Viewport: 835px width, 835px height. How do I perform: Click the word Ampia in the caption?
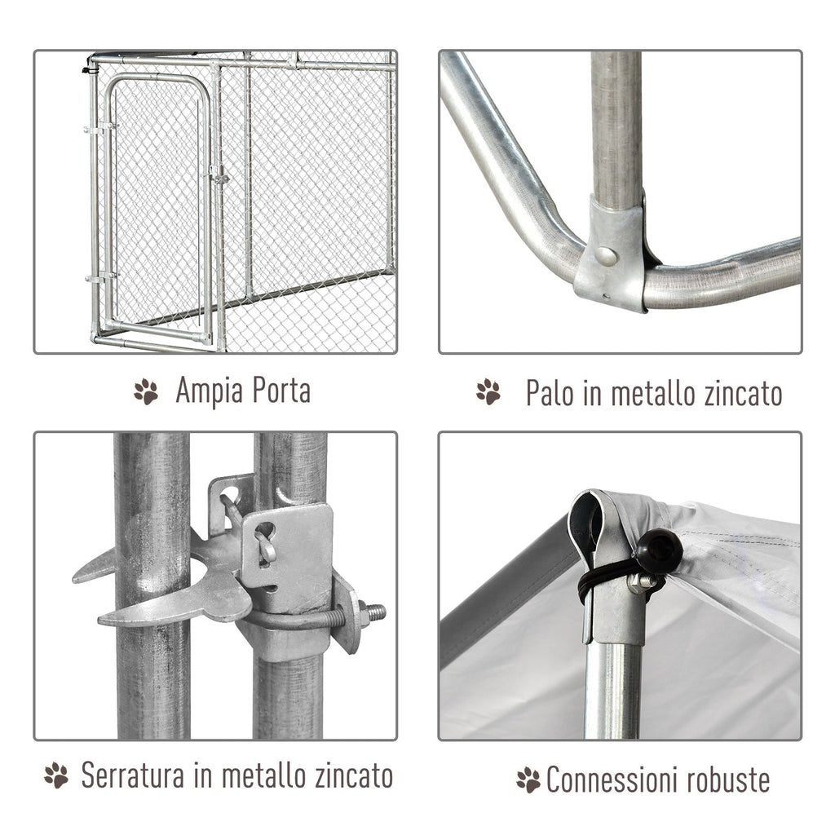(x=209, y=391)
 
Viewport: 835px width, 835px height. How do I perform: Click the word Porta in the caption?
(x=281, y=391)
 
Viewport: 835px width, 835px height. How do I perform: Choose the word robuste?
(x=728, y=780)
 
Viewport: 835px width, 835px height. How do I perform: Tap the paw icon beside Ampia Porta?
(x=146, y=391)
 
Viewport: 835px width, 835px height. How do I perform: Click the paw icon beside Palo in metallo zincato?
(x=488, y=391)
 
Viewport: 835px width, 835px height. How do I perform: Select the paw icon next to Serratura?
(x=56, y=775)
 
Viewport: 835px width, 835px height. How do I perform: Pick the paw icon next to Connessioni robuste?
(x=528, y=780)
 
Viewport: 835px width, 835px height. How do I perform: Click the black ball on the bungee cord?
(x=659, y=550)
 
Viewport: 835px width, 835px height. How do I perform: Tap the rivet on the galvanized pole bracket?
(x=606, y=256)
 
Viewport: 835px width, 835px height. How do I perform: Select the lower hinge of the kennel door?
(x=101, y=278)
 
